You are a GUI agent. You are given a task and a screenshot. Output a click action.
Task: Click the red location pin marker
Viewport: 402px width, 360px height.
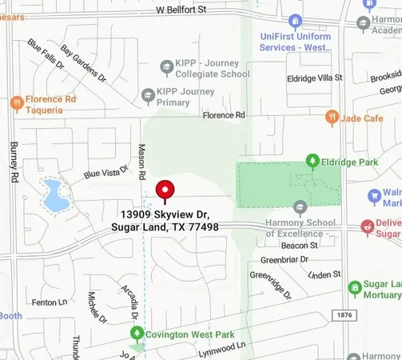coord(165,190)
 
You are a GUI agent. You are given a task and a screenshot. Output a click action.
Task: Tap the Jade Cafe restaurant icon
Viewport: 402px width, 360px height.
coord(332,118)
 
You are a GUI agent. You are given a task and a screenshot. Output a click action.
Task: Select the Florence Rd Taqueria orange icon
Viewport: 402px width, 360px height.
coord(16,102)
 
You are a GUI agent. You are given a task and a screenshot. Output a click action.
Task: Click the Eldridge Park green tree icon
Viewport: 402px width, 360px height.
coord(312,161)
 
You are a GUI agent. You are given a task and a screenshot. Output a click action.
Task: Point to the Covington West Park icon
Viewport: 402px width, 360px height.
coord(137,332)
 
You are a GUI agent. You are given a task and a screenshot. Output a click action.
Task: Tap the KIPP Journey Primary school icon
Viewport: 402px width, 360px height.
coord(147,97)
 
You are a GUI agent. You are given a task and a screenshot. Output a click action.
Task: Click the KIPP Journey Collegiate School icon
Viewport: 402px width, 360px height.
coord(166,66)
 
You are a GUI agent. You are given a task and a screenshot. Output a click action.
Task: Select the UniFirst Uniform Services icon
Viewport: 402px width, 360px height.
coord(295,20)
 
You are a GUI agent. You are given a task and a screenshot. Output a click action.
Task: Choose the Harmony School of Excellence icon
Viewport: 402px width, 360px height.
coord(301,207)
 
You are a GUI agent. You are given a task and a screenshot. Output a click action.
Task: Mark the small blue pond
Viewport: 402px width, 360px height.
coord(54,195)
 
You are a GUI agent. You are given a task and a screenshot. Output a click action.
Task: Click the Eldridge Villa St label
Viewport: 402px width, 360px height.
coord(314,78)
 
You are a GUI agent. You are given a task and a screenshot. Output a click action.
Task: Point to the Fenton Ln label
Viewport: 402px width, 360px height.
coord(49,302)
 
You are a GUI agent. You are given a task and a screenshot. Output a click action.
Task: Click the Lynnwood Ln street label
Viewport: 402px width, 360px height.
coord(221,347)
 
